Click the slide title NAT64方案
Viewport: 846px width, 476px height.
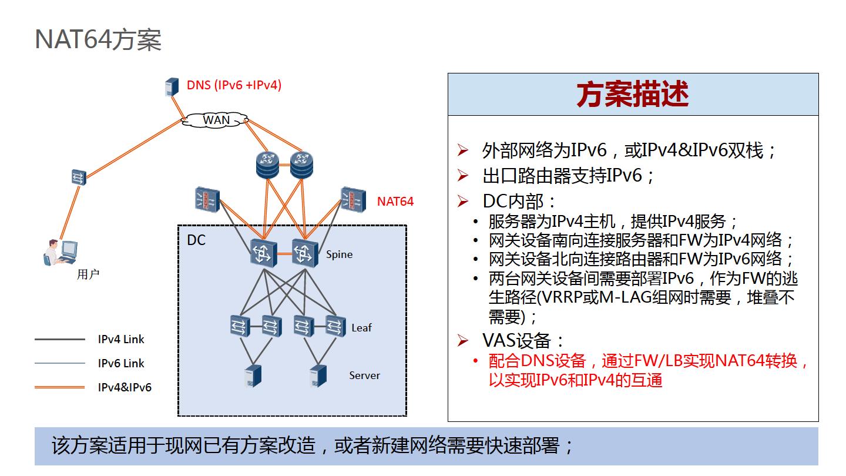pyautogui.click(x=98, y=40)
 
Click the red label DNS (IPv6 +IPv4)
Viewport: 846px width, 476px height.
pyautogui.click(x=234, y=85)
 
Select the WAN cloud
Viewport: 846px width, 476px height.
pyautogui.click(x=216, y=120)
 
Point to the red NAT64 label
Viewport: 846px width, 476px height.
pyautogui.click(x=395, y=202)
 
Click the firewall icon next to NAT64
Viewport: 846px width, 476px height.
pyautogui.click(x=352, y=200)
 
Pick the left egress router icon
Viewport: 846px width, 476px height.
pyautogui.click(x=267, y=165)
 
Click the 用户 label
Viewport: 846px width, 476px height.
pyautogui.click(x=88, y=274)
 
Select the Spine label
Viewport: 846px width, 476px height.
pyautogui.click(x=339, y=254)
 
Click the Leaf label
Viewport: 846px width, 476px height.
pyautogui.click(x=361, y=327)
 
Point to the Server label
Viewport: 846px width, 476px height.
pyautogui.click(x=364, y=376)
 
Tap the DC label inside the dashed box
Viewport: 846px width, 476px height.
pyautogui.click(x=196, y=240)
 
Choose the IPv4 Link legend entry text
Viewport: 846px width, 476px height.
pyautogui.click(x=120, y=339)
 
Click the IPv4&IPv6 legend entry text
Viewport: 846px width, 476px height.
pyautogui.click(x=124, y=387)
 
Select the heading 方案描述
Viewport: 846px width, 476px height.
pyautogui.click(x=632, y=94)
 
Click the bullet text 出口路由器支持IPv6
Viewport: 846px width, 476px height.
pyautogui.click(x=568, y=176)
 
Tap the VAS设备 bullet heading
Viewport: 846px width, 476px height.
pyautogui.click(x=523, y=340)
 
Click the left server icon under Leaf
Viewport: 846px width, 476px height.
pyautogui.click(x=253, y=376)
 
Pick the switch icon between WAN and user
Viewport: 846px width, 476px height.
pyautogui.click(x=79, y=177)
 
